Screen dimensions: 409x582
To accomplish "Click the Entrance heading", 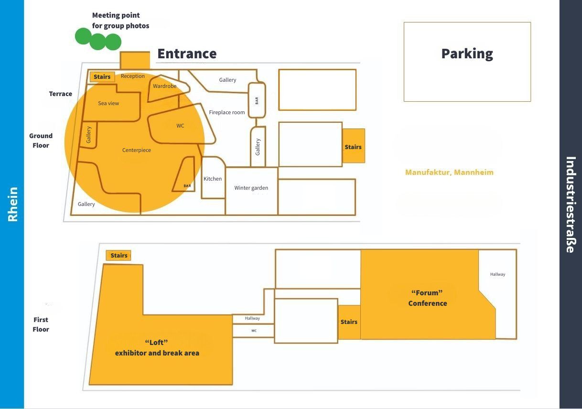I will pyautogui.click(x=187, y=54).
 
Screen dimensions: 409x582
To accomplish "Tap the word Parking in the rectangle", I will pyautogui.click(x=467, y=54).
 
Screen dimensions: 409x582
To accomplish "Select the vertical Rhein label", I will pyautogui.click(x=13, y=204).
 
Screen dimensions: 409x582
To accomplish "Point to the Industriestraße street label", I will pyautogui.click(x=571, y=204).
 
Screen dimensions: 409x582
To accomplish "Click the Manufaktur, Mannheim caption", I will pyautogui.click(x=449, y=172).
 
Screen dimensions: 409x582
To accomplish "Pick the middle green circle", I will pyautogui.click(x=97, y=42).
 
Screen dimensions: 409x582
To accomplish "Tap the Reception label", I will pyautogui.click(x=132, y=76).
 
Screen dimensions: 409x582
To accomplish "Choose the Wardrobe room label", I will pyautogui.click(x=165, y=86).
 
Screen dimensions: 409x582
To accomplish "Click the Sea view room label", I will pyautogui.click(x=108, y=103).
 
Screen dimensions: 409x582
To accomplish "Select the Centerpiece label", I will pyautogui.click(x=137, y=150).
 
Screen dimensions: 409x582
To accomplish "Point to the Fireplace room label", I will pyautogui.click(x=227, y=113).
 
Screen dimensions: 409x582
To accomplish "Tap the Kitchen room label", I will pyautogui.click(x=213, y=179).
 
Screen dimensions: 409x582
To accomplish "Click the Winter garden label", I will pyautogui.click(x=251, y=188).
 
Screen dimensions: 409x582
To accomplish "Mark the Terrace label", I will pyautogui.click(x=61, y=94).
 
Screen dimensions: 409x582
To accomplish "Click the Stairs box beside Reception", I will pyautogui.click(x=102, y=76).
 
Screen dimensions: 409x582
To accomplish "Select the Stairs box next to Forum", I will pyautogui.click(x=349, y=322).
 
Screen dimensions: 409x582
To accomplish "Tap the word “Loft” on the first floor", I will pyautogui.click(x=157, y=342).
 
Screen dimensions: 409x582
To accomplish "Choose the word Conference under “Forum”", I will pyautogui.click(x=428, y=303).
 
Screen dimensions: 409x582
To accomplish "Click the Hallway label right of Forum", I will pyautogui.click(x=497, y=274).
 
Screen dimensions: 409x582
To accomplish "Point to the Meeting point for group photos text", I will pyautogui.click(x=120, y=21).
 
